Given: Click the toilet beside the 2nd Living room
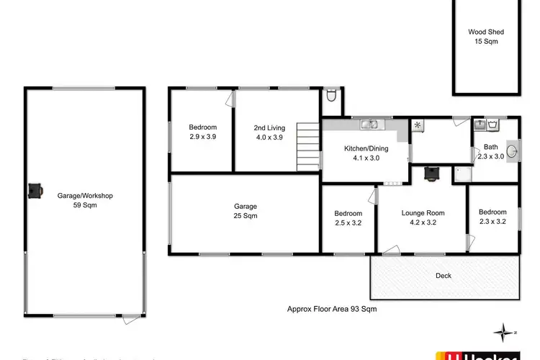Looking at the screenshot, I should pos(330,96).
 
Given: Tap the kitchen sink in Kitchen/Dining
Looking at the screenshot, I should pos(372,126).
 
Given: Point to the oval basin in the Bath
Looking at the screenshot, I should pos(510,150).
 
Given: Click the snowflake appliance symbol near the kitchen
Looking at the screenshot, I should pos(418,125).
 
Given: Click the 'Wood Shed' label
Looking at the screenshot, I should pos(486,32).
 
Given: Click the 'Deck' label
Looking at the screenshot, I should pos(444,276).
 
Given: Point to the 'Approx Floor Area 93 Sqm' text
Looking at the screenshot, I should pos(328,309).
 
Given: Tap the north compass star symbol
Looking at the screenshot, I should pos(502,332).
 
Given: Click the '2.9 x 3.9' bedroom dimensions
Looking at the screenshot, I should pos(203,137).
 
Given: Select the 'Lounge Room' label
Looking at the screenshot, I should pos(423,213).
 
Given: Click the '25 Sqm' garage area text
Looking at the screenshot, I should pos(246,216).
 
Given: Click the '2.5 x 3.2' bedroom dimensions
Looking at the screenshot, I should pos(348,222).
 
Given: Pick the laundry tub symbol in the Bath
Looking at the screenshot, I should pos(494,125).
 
